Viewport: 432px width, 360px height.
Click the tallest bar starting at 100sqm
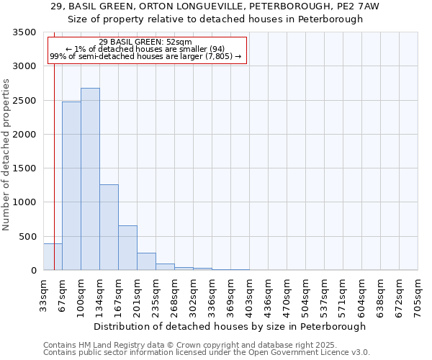90,179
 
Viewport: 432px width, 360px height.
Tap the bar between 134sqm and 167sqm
109,228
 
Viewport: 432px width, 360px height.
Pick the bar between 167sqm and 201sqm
127,248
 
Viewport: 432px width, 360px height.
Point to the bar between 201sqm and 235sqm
146,261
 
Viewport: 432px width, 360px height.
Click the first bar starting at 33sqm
53,257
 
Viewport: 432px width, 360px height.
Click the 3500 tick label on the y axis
24,32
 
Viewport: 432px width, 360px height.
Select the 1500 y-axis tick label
24,168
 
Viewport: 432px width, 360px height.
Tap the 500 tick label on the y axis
27,237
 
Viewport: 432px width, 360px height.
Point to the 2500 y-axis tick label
24,101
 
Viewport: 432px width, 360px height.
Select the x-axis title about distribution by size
230,326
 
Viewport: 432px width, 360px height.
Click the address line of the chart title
215,6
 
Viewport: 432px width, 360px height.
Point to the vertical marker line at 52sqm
54,144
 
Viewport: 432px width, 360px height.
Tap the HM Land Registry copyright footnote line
190,345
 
